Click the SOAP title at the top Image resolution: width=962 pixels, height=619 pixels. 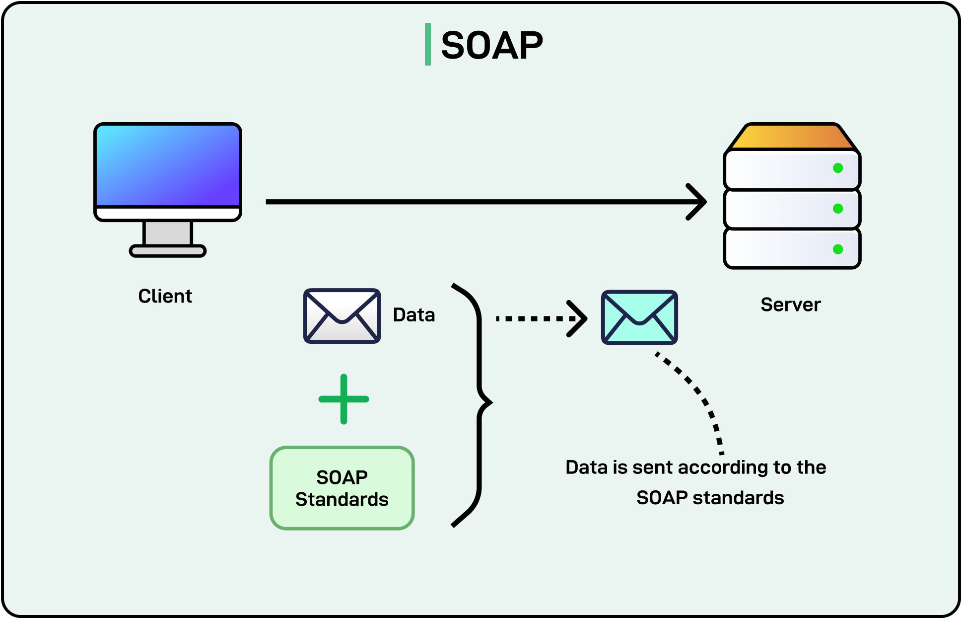(491, 45)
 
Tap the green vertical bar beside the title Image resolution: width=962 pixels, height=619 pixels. (427, 44)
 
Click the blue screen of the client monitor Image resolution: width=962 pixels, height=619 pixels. (168, 165)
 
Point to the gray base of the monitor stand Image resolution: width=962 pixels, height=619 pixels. (168, 251)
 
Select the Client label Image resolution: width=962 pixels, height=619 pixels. (165, 296)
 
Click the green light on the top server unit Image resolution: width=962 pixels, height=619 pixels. (838, 168)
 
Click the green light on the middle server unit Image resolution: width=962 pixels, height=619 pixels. (838, 209)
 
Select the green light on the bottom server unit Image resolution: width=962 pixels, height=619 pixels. (838, 249)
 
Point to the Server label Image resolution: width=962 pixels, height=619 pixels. (790, 305)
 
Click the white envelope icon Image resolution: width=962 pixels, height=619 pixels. (342, 316)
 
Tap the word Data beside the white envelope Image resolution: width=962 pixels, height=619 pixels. (413, 315)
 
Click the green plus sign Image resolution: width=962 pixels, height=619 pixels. (344, 399)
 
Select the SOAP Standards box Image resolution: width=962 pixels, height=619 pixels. (342, 488)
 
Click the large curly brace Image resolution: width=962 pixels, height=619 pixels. (480, 402)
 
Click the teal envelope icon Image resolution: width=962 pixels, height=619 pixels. (639, 317)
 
